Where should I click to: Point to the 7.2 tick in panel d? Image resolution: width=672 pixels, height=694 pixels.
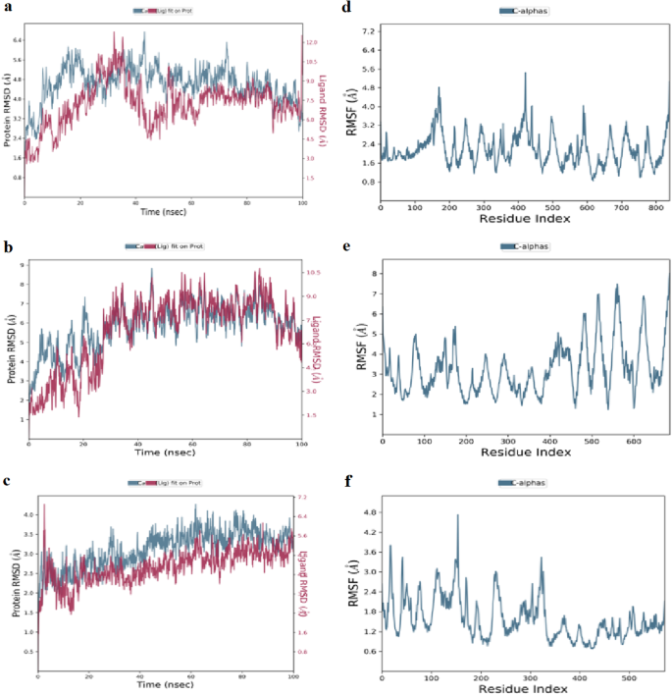pyautogui.click(x=368, y=31)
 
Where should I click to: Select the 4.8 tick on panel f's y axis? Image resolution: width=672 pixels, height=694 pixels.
pyautogui.click(x=368, y=512)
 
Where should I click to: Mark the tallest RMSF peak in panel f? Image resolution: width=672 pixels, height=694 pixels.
pyautogui.click(x=457, y=516)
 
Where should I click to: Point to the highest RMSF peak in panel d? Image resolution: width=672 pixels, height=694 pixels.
pyautogui.click(x=525, y=74)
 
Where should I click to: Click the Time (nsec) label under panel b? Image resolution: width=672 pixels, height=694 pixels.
pyautogui.click(x=163, y=454)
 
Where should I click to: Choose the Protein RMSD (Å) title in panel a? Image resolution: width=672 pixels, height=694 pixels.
pyautogui.click(x=8, y=106)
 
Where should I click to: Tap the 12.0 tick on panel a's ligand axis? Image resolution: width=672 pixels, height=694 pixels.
pyautogui.click(x=311, y=43)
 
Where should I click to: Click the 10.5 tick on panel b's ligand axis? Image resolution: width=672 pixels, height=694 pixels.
pyautogui.click(x=313, y=272)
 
